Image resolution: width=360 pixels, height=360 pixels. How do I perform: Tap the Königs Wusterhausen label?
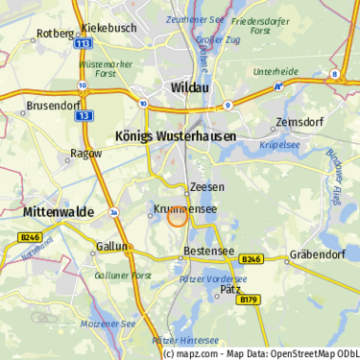[176, 136]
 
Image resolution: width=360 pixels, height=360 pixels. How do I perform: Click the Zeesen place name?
[207, 186]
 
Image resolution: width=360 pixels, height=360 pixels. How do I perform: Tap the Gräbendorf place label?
[318, 257]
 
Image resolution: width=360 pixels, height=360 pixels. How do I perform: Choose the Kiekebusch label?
[108, 29]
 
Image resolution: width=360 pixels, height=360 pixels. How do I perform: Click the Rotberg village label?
[55, 34]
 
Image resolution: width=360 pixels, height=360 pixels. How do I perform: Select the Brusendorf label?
[53, 106]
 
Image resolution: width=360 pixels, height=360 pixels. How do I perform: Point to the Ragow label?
[86, 154]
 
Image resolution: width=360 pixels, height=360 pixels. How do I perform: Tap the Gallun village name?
[112, 247]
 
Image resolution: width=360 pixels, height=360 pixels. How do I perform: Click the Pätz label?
[230, 288]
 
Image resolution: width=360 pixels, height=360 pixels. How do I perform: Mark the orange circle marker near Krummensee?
[178, 217]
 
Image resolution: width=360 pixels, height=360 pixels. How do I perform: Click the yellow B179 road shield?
[250, 300]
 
